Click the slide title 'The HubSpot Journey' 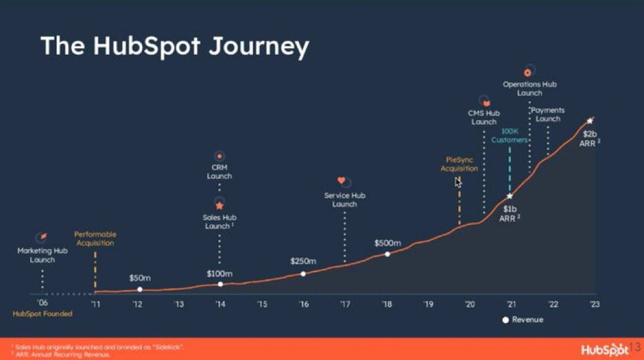(174, 46)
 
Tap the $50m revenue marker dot (139, 289)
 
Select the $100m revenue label (219, 273)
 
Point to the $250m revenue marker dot (303, 273)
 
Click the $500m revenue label (388, 242)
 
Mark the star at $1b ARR (509, 196)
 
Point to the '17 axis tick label (345, 305)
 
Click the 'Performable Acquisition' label (95, 238)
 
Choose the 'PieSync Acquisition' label (459, 164)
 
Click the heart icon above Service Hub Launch (341, 180)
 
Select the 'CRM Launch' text (219, 172)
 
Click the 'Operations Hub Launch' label (530, 89)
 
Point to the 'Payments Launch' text (548, 114)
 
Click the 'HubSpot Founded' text (42, 314)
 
